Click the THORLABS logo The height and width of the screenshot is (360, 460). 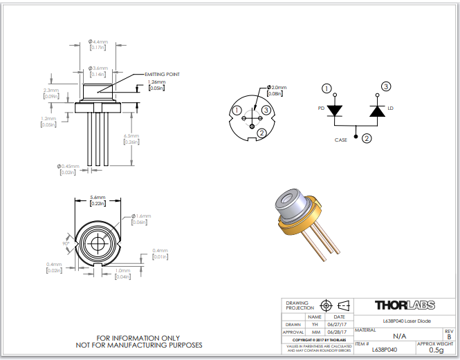[405, 305]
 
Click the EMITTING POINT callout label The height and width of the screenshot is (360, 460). [162, 74]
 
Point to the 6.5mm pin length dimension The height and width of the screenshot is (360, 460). [131, 137]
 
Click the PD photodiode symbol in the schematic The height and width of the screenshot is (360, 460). [335, 111]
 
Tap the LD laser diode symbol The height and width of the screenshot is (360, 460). [377, 111]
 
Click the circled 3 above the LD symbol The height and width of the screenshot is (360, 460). [386, 86]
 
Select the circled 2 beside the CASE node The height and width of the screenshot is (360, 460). [367, 138]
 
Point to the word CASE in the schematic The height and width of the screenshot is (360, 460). [341, 140]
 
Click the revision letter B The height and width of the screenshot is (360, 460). [450, 337]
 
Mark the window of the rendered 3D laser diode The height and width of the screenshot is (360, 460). [285, 202]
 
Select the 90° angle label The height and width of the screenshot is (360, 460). [67, 244]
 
